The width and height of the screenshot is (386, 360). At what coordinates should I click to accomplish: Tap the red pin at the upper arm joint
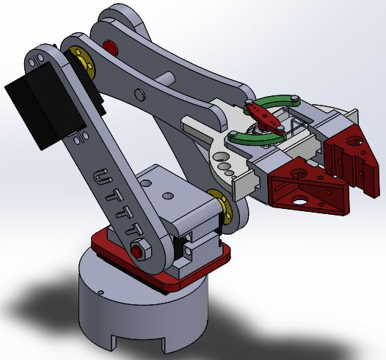coord(111,48)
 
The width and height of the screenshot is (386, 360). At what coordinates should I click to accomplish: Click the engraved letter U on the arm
coord(103,177)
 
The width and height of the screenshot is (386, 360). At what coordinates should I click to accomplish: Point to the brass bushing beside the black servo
coord(82,63)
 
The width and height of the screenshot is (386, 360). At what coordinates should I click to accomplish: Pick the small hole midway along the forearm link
coord(139,93)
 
